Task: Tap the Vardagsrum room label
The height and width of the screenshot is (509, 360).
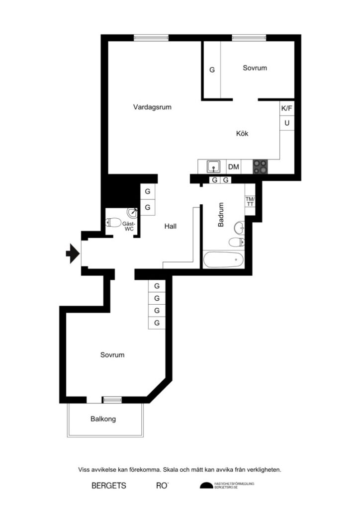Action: [x=152, y=107]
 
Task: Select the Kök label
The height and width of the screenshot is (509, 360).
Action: [x=242, y=133]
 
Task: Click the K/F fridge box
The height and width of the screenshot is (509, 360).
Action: [x=287, y=108]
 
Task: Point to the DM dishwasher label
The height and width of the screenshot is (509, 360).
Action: [x=233, y=167]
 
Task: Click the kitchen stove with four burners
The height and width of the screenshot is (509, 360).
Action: [x=260, y=167]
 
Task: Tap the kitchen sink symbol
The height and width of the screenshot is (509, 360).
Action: [x=214, y=167]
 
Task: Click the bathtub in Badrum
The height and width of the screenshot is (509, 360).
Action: [x=223, y=259]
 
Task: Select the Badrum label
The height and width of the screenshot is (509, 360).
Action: [x=221, y=215]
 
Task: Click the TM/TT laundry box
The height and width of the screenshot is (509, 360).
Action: [x=250, y=201]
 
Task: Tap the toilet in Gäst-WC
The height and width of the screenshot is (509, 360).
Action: [x=113, y=222]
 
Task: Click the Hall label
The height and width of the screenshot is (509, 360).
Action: [x=171, y=226]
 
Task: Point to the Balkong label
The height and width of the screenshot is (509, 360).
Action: [x=103, y=419]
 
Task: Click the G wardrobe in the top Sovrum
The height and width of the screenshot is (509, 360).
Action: [x=212, y=70]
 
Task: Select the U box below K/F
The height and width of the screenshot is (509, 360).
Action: [x=287, y=123]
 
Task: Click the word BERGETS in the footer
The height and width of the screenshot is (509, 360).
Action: [x=109, y=486]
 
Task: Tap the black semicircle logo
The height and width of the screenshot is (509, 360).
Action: [x=206, y=486]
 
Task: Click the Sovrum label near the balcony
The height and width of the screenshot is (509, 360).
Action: [x=112, y=355]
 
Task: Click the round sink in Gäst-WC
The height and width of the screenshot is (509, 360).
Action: [x=133, y=213]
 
